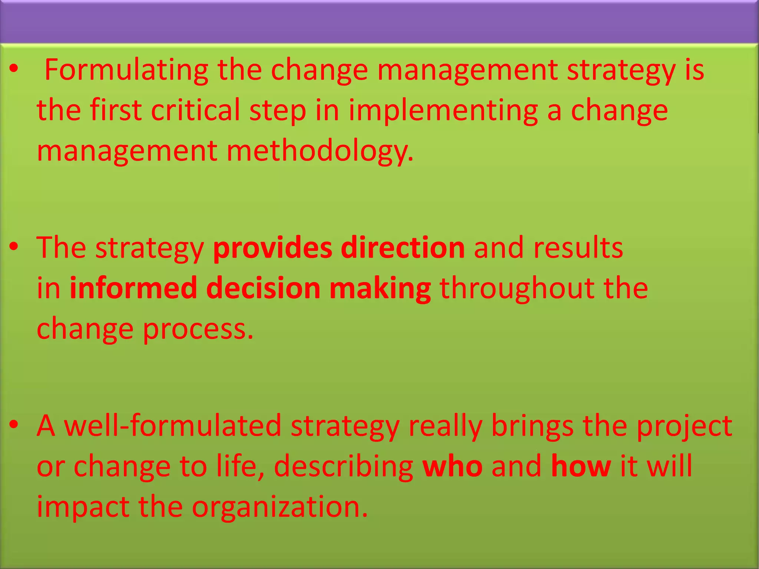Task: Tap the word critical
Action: (196, 110)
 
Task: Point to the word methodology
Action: (319, 151)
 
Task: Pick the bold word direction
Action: (402, 247)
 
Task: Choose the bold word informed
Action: (133, 288)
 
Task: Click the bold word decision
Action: (263, 288)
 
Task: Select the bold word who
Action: (452, 466)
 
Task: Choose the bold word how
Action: (581, 466)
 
